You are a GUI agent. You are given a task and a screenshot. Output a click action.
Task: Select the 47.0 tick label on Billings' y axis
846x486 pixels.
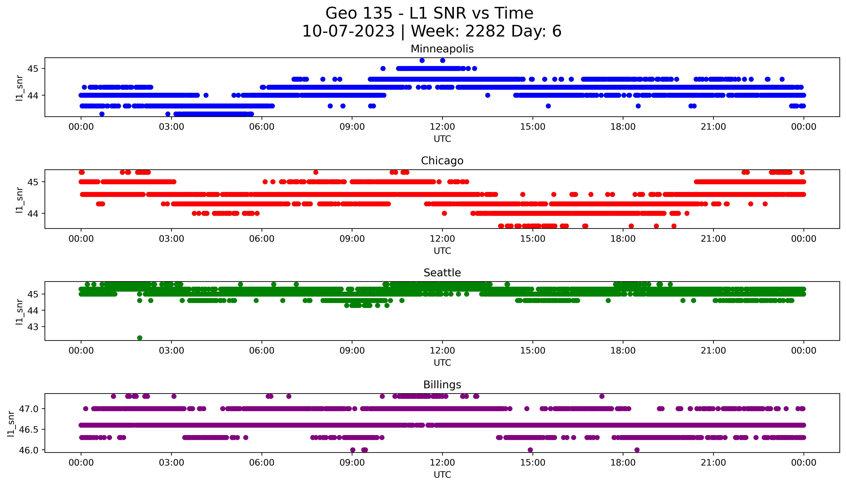(29, 409)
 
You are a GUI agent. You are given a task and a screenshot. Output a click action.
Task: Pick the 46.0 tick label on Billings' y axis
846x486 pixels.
(29, 450)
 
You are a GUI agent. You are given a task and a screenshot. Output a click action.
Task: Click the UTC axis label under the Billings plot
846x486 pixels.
(442, 474)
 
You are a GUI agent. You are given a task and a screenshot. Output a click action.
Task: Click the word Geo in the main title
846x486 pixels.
(340, 13)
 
